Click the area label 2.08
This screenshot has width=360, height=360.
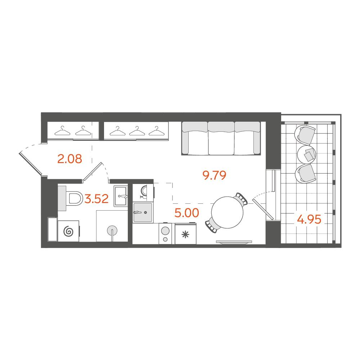click(x=69, y=159)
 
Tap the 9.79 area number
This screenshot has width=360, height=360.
click(x=214, y=175)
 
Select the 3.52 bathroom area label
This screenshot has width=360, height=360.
click(x=96, y=199)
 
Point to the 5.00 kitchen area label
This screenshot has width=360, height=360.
click(x=186, y=213)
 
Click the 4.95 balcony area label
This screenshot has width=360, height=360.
click(x=309, y=219)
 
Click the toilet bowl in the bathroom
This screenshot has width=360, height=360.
click(x=75, y=198)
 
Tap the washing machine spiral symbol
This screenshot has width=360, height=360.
click(x=68, y=231)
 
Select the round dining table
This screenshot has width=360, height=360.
click(x=227, y=212)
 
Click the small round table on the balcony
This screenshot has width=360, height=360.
click(x=306, y=154)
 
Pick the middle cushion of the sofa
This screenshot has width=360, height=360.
click(x=221, y=138)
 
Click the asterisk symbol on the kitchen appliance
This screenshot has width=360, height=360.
click(x=185, y=235)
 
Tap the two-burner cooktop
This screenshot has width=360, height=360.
click(x=165, y=234)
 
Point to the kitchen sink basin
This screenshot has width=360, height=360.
click(x=143, y=212)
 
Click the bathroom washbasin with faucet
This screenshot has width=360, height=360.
click(x=121, y=196)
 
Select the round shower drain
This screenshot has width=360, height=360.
click(x=112, y=230)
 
